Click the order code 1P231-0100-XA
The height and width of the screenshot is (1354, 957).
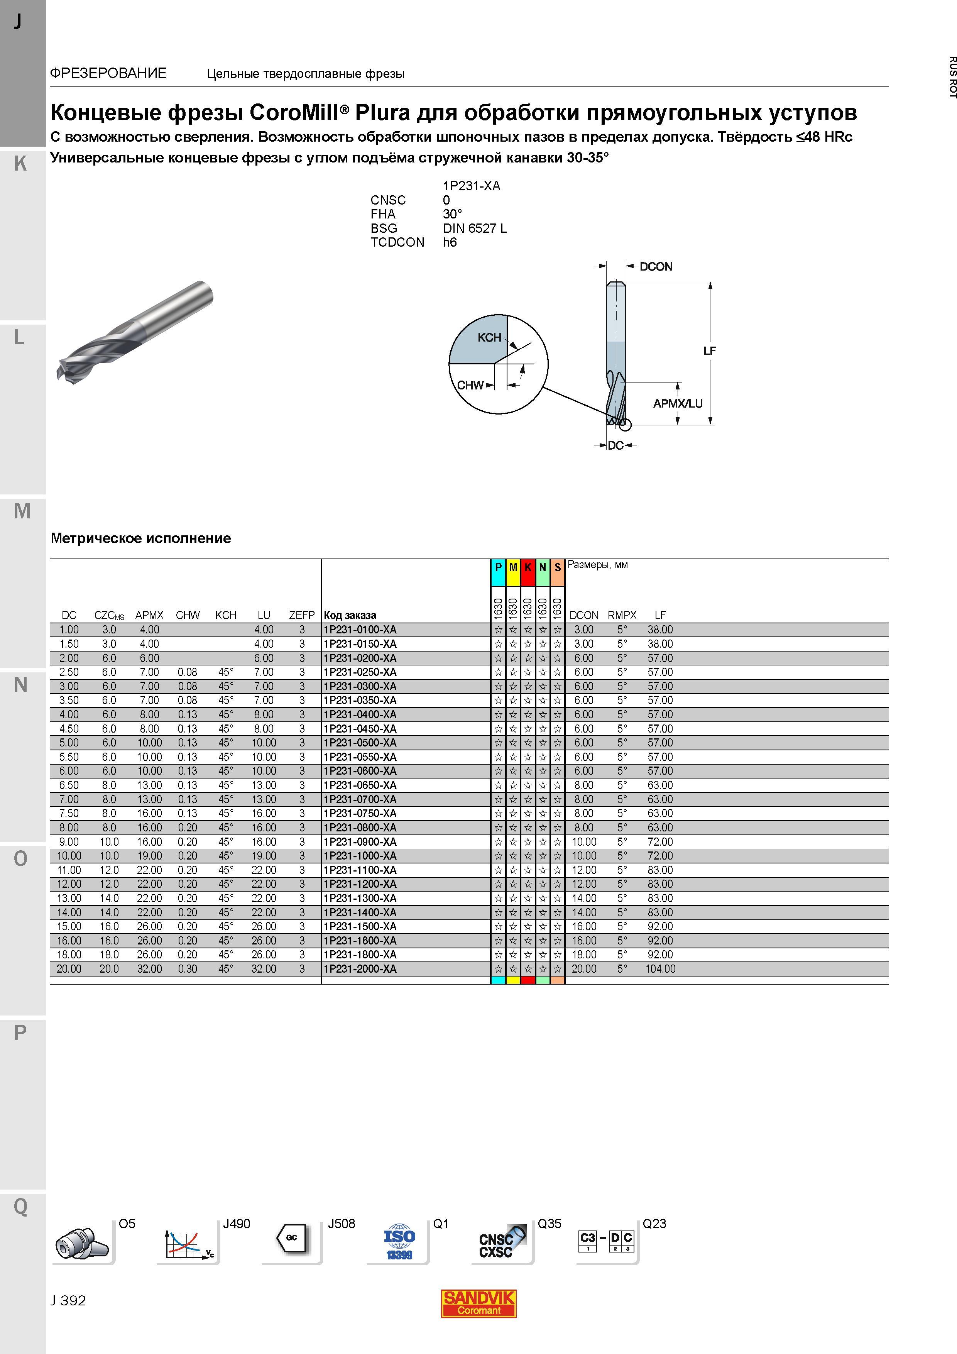360,630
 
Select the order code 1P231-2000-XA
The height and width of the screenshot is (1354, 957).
360,969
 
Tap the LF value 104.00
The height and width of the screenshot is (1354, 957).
660,969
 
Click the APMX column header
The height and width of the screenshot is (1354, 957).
149,615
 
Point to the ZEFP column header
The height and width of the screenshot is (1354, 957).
302,615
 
